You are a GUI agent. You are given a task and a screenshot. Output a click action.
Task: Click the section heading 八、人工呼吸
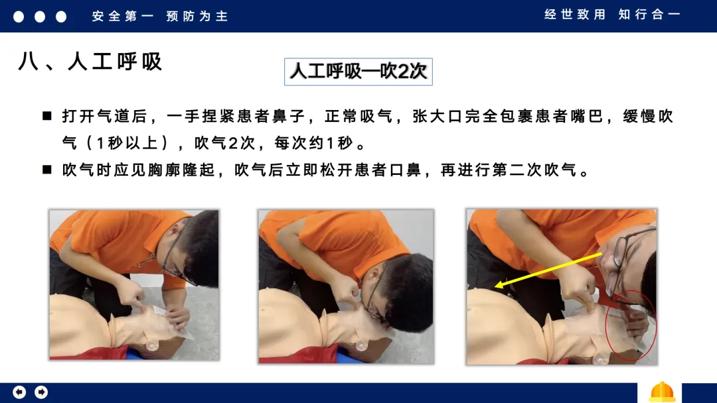(x=90, y=61)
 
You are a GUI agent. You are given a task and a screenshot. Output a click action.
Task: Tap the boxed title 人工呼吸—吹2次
(x=358, y=71)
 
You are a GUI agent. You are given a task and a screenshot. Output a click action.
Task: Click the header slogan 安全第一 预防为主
(x=159, y=17)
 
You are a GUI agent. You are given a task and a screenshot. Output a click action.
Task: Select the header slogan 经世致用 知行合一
(x=612, y=15)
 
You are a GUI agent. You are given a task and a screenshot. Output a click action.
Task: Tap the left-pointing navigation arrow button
(x=19, y=392)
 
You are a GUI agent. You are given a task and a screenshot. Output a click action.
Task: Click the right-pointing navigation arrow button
(x=41, y=392)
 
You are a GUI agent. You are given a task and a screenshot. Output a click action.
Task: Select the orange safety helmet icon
(x=662, y=392)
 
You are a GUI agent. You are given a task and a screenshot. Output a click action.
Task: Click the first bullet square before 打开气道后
(x=46, y=116)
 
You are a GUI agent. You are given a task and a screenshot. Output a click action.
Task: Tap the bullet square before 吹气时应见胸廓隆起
(x=46, y=170)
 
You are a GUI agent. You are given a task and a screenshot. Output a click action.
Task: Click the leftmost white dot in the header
(x=19, y=17)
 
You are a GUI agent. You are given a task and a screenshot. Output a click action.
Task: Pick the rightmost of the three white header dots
(x=61, y=17)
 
